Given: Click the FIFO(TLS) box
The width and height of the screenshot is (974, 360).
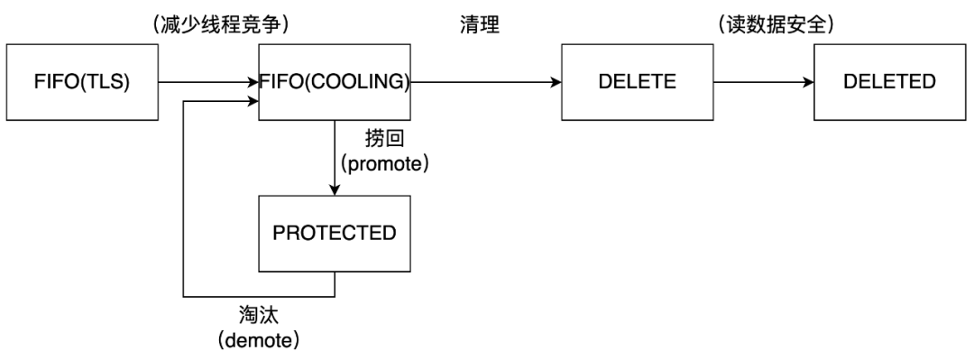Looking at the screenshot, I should point(82,82).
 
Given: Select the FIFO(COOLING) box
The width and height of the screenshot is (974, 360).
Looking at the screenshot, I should point(335,82).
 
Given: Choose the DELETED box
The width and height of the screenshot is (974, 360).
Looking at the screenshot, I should point(889,82).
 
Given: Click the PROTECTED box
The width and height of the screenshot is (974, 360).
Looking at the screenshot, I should point(335,232).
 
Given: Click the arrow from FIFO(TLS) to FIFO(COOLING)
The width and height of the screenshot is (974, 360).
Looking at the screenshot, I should point(208,82).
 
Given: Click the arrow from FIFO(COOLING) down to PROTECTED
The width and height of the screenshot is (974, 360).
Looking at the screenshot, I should point(335,157).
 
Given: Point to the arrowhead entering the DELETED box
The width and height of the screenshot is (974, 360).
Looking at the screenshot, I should point(807,82).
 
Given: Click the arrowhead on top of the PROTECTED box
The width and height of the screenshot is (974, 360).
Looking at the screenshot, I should point(335,189).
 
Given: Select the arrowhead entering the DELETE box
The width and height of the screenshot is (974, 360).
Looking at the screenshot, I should point(555,82).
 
